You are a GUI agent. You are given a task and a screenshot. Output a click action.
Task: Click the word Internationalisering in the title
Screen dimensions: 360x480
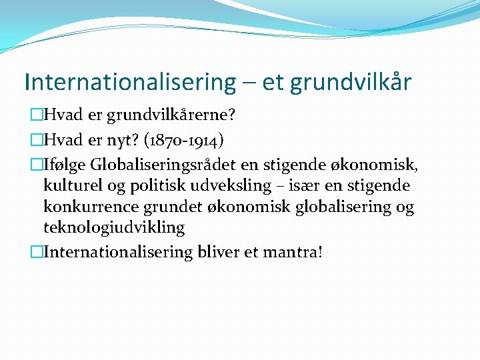(x=130, y=82)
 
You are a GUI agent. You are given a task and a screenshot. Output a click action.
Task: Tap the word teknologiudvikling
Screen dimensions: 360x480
(x=113, y=228)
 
